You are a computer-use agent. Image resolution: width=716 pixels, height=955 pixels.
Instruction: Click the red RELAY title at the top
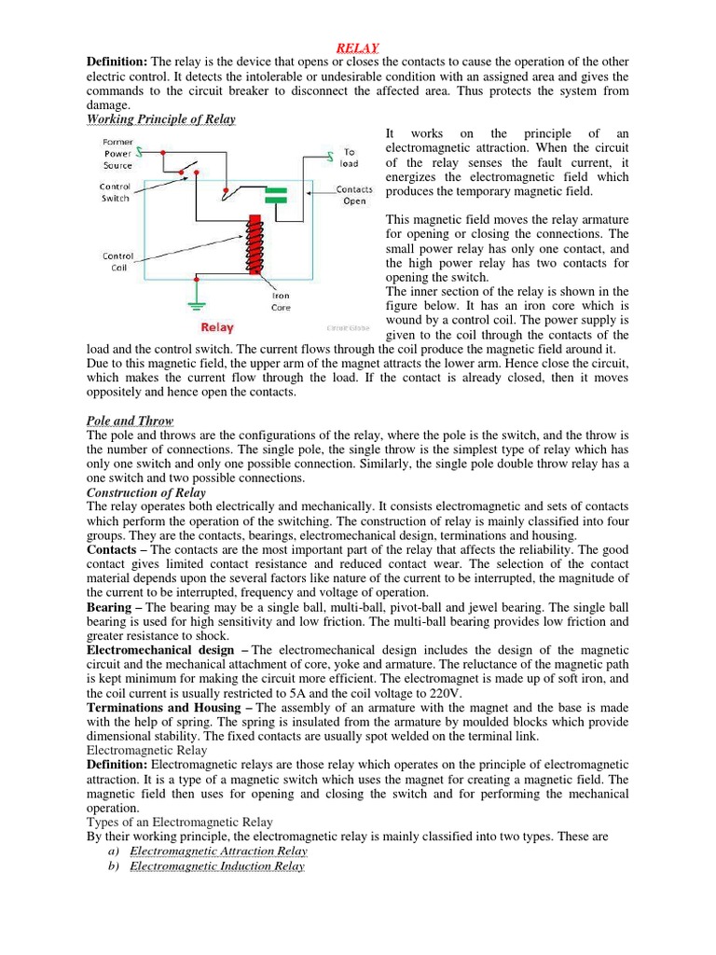click(357, 48)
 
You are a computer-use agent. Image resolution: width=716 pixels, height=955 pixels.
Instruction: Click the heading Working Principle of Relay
click(160, 119)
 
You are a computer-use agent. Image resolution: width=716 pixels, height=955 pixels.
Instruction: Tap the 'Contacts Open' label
click(354, 195)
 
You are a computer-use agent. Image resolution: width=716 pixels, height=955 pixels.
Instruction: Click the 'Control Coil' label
click(117, 261)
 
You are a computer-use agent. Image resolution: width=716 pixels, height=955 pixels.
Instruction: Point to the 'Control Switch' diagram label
click(116, 192)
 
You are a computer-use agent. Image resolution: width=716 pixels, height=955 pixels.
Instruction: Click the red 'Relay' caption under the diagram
click(217, 328)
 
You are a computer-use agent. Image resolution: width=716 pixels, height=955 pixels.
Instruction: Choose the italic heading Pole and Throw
click(130, 421)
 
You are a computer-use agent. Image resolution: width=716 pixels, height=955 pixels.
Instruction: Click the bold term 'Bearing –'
click(114, 607)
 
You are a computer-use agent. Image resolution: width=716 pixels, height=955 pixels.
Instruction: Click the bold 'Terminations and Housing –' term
click(170, 708)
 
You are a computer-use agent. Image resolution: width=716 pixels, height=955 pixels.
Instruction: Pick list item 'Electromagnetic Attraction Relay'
click(218, 851)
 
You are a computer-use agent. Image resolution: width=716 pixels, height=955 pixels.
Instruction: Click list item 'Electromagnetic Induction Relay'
click(217, 866)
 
